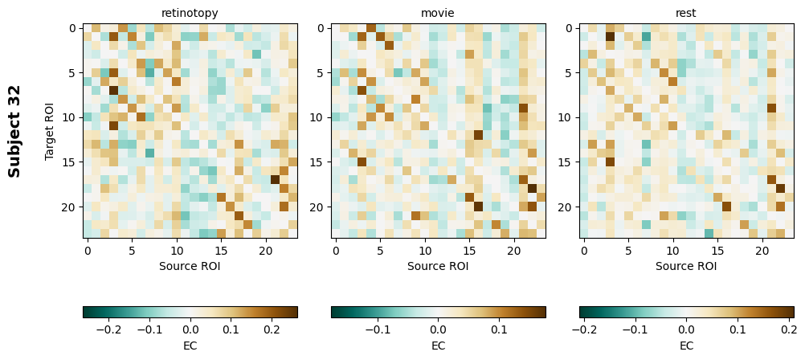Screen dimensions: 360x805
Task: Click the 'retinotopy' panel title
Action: [x=190, y=13]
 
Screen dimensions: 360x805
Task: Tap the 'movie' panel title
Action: [x=438, y=13]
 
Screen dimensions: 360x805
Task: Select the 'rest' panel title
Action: [x=686, y=13]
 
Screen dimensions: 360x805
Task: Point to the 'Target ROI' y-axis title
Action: [x=50, y=130]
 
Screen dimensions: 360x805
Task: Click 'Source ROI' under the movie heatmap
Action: [x=438, y=266]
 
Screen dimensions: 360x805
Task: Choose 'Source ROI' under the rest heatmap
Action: [x=686, y=266]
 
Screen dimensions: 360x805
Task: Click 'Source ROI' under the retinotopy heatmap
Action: [x=190, y=266]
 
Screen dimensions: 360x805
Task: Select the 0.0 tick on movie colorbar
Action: [x=438, y=329]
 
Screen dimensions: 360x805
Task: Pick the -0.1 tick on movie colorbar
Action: [x=377, y=329]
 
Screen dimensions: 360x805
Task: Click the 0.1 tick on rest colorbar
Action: [x=737, y=329]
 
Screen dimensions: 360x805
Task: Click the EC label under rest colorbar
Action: [x=686, y=346]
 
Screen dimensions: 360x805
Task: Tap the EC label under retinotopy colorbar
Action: [x=190, y=346]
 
